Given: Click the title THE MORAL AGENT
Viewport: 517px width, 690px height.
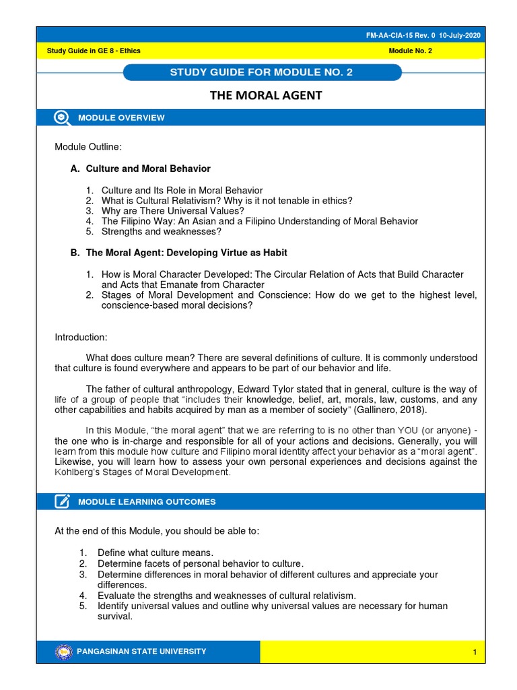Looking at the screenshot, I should tap(266, 95).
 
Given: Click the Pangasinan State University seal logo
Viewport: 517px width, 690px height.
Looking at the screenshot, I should tap(64, 652).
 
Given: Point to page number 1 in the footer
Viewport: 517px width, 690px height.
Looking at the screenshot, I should tap(474, 652).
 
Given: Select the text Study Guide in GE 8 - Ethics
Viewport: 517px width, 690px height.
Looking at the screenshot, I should tap(94, 51).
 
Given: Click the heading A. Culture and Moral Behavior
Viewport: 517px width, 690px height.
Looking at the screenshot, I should tap(141, 168).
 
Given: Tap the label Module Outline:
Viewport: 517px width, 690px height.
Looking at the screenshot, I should tap(88, 147).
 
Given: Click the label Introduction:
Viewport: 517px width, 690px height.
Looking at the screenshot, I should tap(81, 337).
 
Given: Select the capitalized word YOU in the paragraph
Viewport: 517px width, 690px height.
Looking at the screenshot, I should tap(407, 430).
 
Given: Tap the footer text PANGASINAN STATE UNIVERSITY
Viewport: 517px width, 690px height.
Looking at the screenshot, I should tap(143, 652).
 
